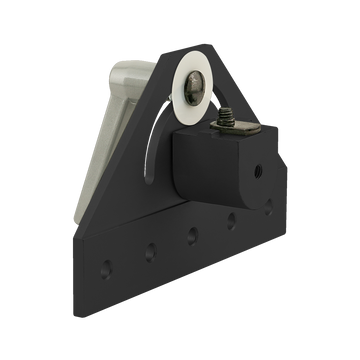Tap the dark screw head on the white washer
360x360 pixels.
coord(194,90)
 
